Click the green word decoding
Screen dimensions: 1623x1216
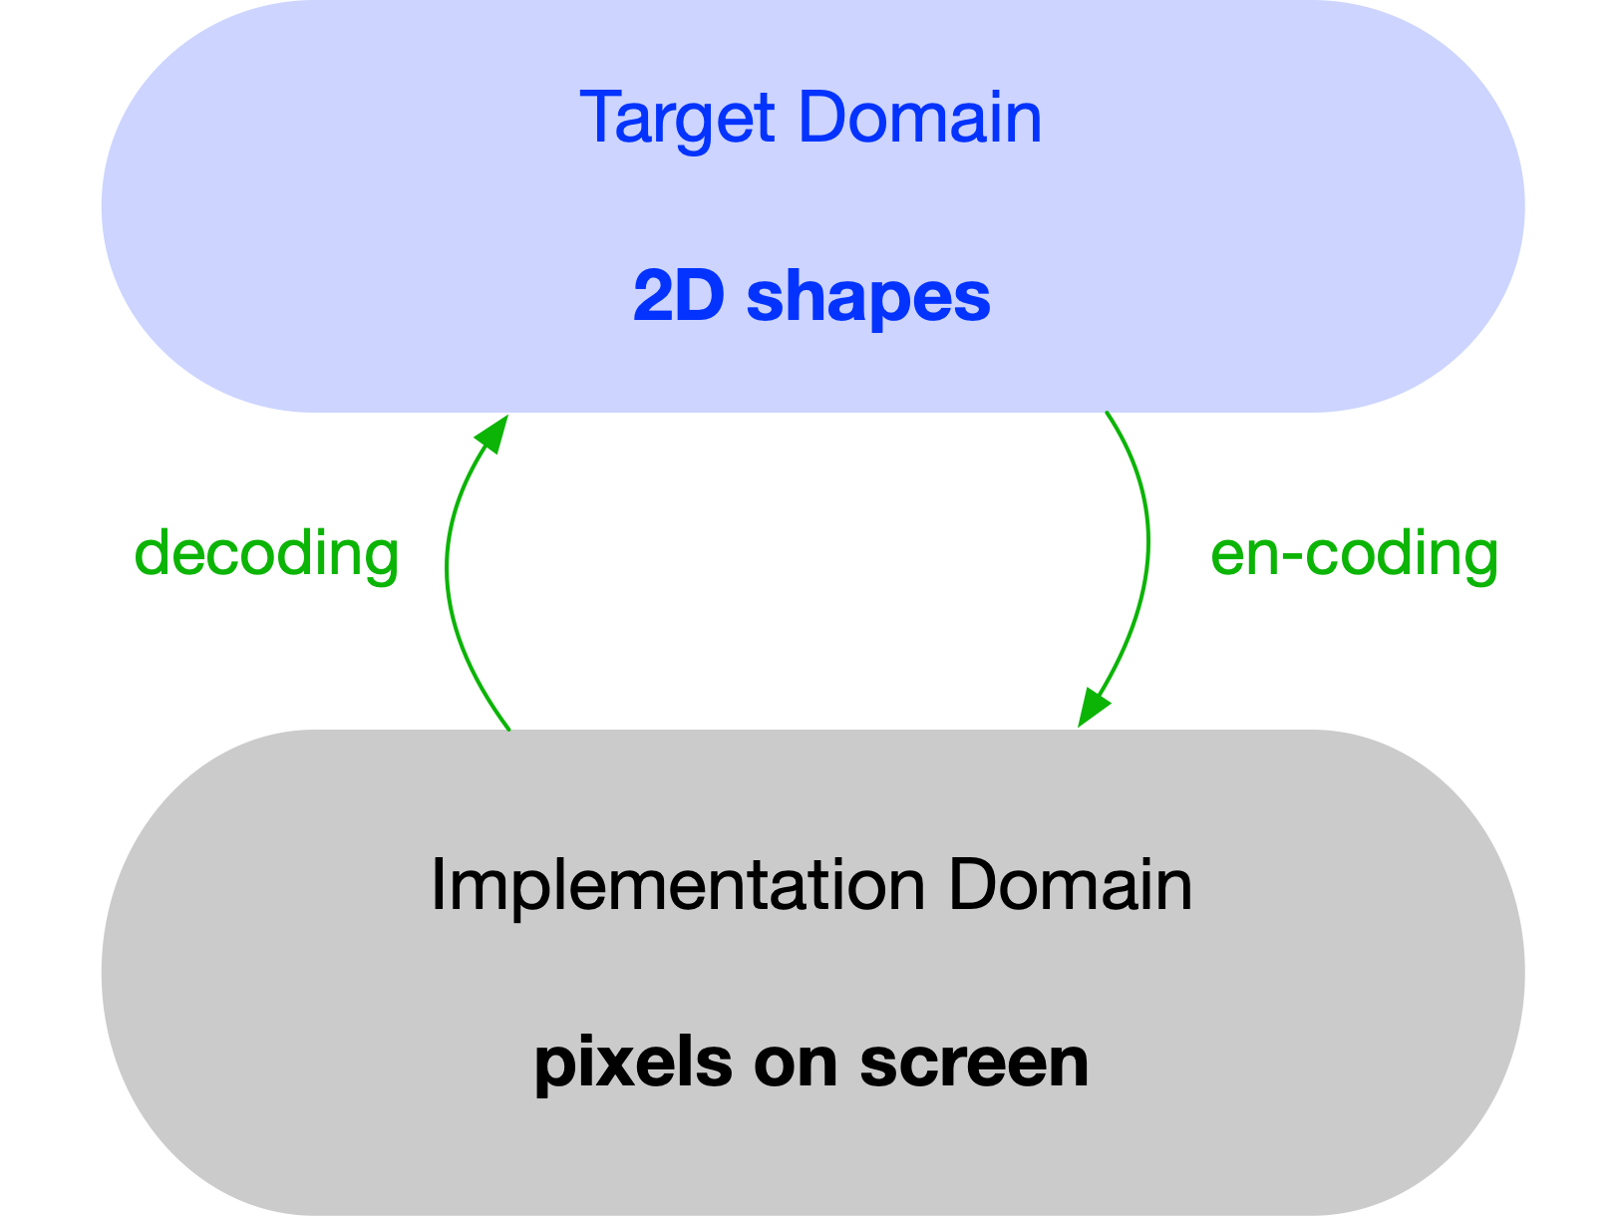tap(266, 554)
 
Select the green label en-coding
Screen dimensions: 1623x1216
tap(1354, 554)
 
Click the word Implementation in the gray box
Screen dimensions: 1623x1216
tap(678, 885)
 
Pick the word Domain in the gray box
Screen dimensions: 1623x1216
tap(1070, 885)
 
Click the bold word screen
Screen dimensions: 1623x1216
tap(974, 1064)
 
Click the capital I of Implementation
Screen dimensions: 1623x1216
tap(437, 885)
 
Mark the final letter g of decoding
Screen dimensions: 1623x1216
tap(381, 558)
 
